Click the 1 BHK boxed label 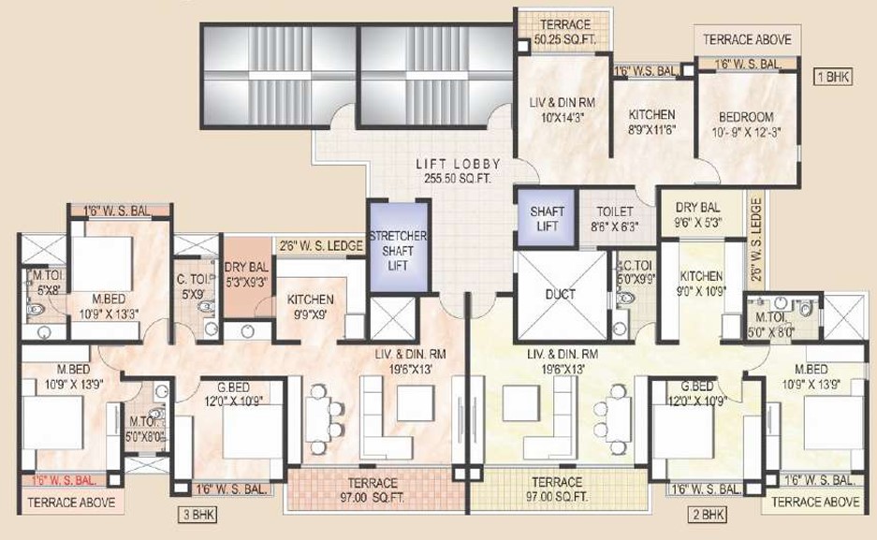[833, 77]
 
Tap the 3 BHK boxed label [197, 515]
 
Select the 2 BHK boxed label [708, 515]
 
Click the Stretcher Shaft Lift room [398, 246]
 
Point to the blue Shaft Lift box [547, 218]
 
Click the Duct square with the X [561, 296]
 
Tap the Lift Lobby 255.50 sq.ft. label [458, 171]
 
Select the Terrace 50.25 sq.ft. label [565, 32]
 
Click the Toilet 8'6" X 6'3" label [615, 219]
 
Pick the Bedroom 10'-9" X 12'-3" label [746, 124]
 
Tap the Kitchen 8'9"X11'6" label [652, 122]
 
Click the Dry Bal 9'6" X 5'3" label [698, 214]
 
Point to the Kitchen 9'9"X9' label [311, 307]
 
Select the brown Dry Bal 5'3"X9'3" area [247, 274]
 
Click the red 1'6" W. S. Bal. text [64, 479]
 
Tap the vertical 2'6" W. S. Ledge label [756, 240]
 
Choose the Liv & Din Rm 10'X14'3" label [563, 110]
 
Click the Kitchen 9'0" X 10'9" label [702, 284]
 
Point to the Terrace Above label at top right [747, 39]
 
